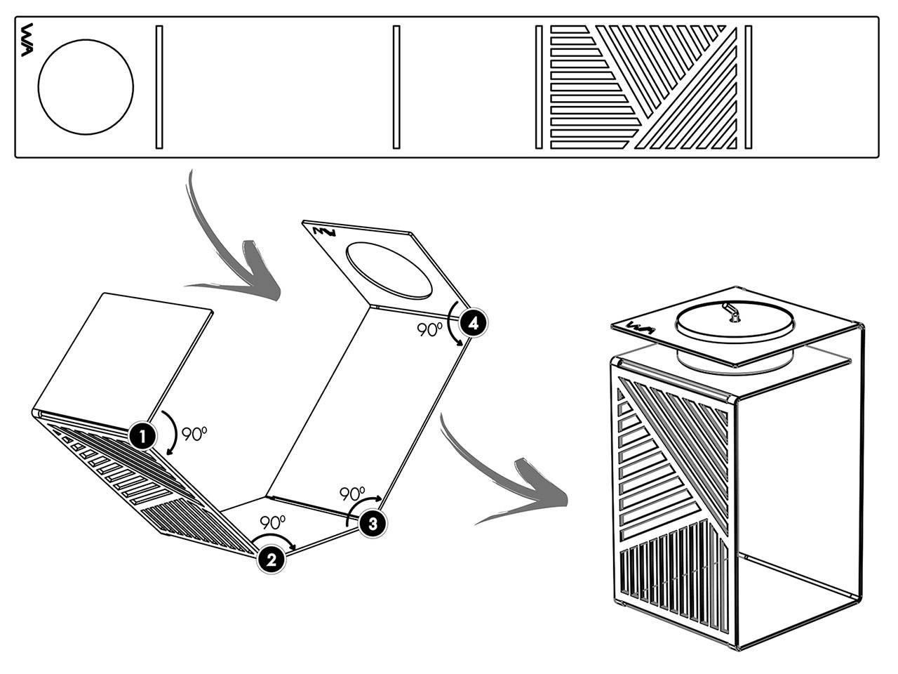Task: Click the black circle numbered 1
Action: (x=142, y=437)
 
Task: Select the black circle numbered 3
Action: (x=373, y=524)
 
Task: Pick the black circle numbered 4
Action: (x=473, y=324)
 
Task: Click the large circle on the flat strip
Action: (x=86, y=87)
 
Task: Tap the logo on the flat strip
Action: (x=27, y=40)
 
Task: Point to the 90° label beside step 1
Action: (x=194, y=434)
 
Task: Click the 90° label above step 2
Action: (x=272, y=522)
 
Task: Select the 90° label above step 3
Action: (x=352, y=494)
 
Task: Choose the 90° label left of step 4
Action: (x=429, y=329)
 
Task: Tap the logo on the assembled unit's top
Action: (x=641, y=327)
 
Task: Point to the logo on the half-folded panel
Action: (x=324, y=232)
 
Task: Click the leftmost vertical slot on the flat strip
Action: (x=159, y=87)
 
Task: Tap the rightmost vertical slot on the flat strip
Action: (x=749, y=87)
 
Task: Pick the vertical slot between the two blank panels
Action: (x=396, y=87)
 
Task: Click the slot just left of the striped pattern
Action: (x=539, y=87)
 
